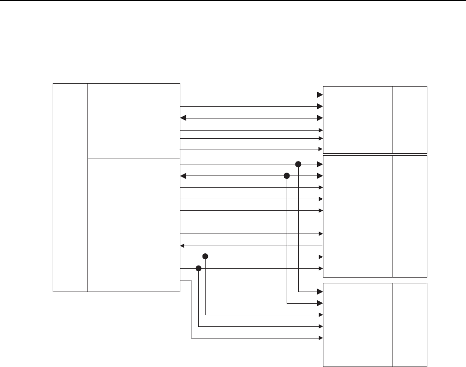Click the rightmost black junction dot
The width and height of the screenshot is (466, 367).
[x=298, y=164]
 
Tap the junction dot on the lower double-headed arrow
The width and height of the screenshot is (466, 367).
[x=287, y=176]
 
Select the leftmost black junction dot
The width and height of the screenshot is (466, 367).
[x=198, y=268]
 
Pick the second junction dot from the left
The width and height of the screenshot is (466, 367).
[x=205, y=256]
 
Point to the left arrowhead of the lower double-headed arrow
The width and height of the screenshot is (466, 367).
[x=183, y=176]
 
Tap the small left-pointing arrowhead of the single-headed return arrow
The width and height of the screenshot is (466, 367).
[x=182, y=245]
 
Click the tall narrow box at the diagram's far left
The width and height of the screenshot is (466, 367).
[x=70, y=188]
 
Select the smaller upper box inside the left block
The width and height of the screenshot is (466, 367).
[x=133, y=121]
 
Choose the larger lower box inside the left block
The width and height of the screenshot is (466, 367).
[x=133, y=225]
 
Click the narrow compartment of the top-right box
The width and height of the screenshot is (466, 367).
[x=410, y=119]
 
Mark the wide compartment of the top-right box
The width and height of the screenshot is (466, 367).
[x=358, y=119]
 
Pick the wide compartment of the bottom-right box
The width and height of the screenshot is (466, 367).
[x=358, y=325]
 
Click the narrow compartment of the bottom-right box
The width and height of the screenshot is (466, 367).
[x=410, y=325]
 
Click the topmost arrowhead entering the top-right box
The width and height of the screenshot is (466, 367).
[x=320, y=95]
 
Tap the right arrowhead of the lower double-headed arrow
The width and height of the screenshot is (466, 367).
[x=320, y=176]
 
